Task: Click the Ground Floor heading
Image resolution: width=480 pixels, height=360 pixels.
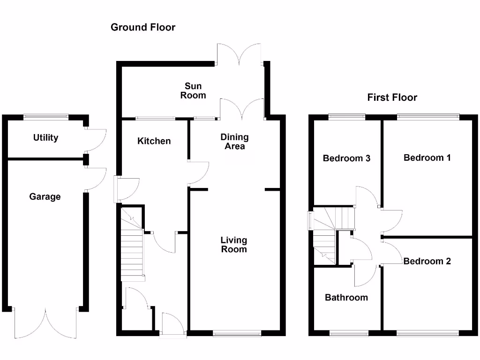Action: tap(143, 27)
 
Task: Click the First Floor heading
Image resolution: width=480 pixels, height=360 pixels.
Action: tap(392, 97)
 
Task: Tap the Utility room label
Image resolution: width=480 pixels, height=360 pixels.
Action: tap(45, 138)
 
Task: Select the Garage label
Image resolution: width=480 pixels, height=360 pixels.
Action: tap(45, 196)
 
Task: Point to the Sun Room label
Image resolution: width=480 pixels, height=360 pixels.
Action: tap(193, 90)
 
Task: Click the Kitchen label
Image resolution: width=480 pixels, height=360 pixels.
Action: tap(154, 141)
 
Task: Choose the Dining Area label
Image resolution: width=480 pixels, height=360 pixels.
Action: tap(234, 142)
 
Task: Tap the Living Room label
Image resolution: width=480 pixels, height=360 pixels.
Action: tap(234, 245)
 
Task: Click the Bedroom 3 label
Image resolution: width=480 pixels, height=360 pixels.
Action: tap(346, 158)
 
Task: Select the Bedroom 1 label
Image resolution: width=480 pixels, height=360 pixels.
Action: tap(427, 157)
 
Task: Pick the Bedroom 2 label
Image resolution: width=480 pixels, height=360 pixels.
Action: tap(427, 261)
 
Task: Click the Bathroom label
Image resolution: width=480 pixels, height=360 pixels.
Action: tap(346, 297)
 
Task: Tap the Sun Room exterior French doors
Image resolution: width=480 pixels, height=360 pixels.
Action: tap(239, 53)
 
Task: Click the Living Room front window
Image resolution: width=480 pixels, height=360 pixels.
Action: tap(237, 333)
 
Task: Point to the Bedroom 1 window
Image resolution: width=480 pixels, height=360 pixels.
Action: tap(428, 117)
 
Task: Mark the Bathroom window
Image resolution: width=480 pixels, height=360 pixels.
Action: tap(349, 333)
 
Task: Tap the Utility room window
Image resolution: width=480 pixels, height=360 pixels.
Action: tap(46, 117)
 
